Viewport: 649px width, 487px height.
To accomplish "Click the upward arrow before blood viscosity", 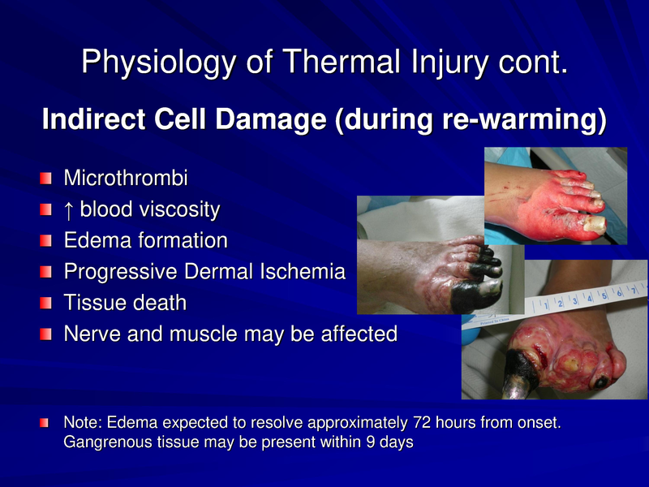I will point(69,209).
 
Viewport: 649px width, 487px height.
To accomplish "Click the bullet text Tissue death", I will point(125,303).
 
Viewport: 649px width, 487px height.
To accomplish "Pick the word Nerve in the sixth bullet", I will point(88,334).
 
